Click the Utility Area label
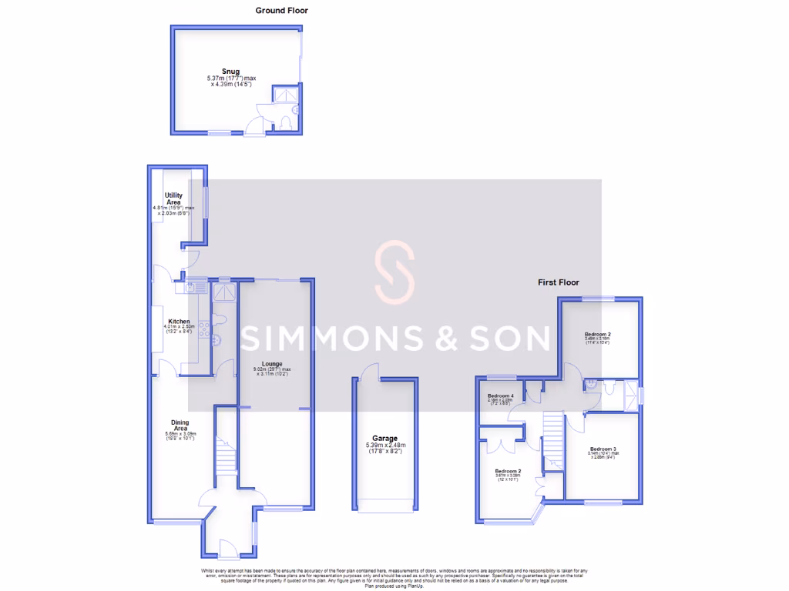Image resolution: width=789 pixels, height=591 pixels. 173,199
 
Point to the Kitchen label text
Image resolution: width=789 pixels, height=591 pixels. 179,321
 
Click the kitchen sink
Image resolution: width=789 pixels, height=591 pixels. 192,288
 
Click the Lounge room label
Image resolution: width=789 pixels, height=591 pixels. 272,364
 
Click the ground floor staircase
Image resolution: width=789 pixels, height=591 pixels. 225,454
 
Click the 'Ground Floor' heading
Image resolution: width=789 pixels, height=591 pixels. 281,11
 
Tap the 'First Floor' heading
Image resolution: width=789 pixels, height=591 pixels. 558,282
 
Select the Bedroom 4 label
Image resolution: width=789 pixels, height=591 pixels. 500,396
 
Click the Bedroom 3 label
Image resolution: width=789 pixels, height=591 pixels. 603,449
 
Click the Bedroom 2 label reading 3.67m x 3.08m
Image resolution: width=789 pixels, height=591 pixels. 508,471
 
